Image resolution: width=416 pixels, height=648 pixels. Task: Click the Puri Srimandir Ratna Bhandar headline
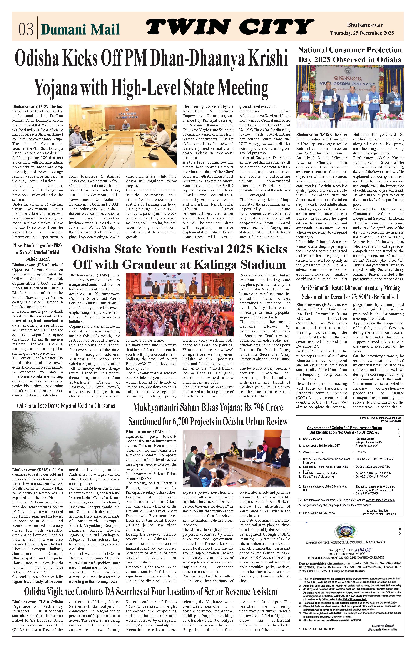pos(350,292)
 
